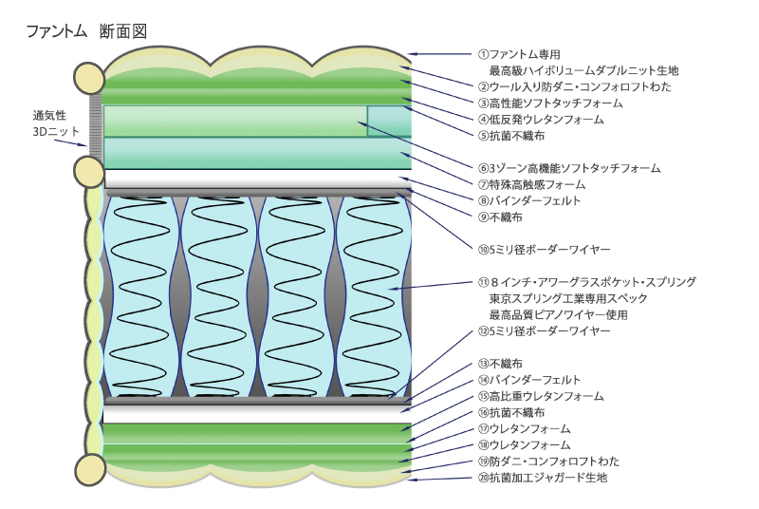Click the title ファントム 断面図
click(86, 32)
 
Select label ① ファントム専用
click(520, 54)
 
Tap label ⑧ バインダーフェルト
click(529, 200)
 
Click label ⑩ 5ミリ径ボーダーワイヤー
click(544, 249)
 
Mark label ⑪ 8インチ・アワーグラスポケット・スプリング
click(587, 282)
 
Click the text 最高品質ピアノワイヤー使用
click(558, 314)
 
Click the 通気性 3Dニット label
click(56, 123)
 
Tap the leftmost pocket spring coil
click(142, 295)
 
